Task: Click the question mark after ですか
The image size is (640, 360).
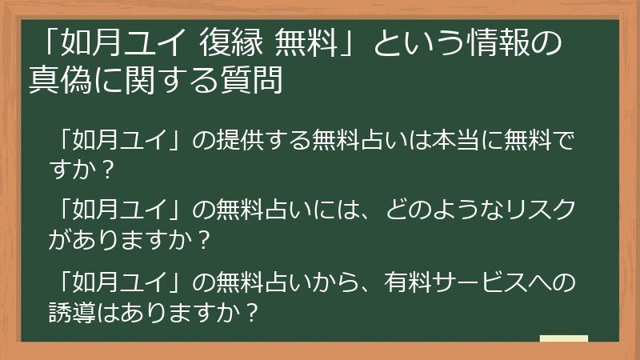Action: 109,169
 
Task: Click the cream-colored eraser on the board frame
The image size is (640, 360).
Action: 563,338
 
